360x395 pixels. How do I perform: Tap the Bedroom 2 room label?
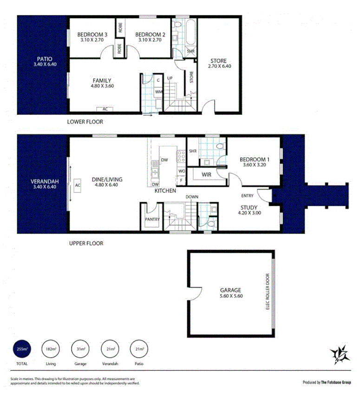(x=150, y=34)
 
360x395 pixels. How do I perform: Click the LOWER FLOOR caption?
(x=85, y=122)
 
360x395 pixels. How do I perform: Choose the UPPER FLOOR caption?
(x=86, y=243)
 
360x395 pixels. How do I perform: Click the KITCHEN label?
(x=165, y=191)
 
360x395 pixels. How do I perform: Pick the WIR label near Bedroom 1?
(x=207, y=174)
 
